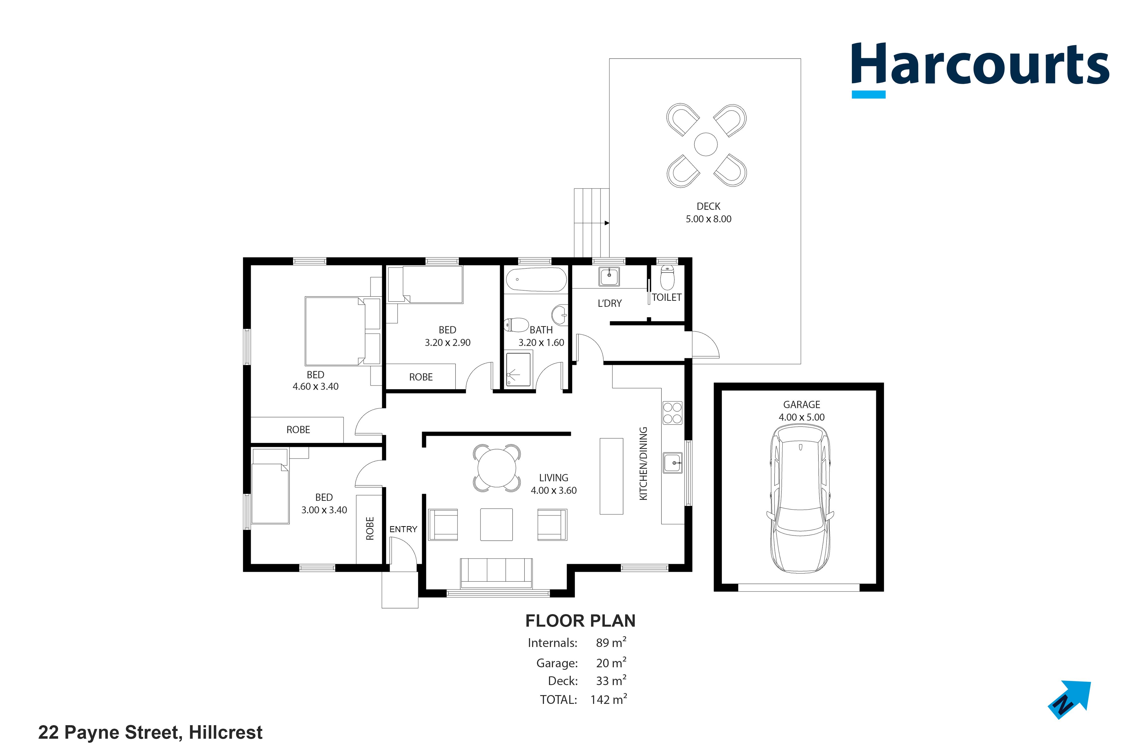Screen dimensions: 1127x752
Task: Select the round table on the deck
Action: [706, 144]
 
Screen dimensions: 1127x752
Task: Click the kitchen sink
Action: [673, 463]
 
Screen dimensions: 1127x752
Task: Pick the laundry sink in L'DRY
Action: [609, 276]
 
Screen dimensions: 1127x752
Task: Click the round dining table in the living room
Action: [497, 467]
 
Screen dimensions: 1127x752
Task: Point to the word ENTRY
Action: [403, 529]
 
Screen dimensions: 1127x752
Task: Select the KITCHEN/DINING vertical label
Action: [644, 464]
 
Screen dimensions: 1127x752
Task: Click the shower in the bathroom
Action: [518, 369]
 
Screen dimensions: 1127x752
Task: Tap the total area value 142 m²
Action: [609, 699]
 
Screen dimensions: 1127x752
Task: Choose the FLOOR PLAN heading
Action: [580, 621]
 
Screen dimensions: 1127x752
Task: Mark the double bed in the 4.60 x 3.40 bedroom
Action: [343, 331]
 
